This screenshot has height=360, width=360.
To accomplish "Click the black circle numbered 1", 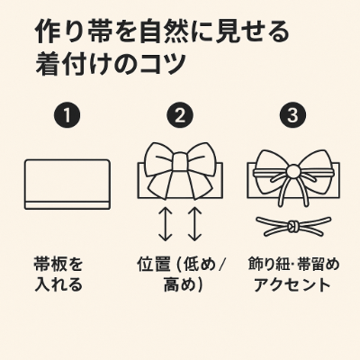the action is click(x=67, y=115).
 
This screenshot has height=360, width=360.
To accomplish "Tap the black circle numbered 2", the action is click(x=180, y=115).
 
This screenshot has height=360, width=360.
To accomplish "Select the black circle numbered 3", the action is click(x=292, y=115).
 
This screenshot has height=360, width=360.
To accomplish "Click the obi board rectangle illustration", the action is click(x=67, y=184).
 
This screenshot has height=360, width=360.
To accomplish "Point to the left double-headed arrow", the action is click(x=166, y=224).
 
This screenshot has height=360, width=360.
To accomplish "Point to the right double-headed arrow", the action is click(x=194, y=224).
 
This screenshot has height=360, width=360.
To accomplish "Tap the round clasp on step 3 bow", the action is click(x=293, y=172).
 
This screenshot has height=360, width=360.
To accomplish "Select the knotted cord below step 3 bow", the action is click(x=293, y=226).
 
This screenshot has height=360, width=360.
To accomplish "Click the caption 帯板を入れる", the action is click(x=58, y=274).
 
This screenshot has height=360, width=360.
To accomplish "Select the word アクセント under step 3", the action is click(x=292, y=284).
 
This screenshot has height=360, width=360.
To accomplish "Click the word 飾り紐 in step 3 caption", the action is click(x=269, y=265).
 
